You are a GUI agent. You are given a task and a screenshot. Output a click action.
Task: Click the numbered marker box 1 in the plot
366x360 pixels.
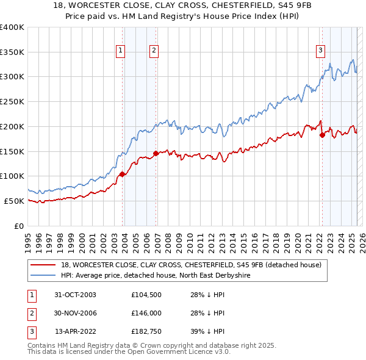[x=121, y=51]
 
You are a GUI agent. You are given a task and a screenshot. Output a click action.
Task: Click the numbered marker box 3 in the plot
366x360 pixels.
[x=320, y=51]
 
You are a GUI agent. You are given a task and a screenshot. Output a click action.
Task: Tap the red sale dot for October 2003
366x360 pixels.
[x=123, y=174]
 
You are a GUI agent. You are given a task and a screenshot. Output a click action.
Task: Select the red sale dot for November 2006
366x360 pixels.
[x=156, y=153]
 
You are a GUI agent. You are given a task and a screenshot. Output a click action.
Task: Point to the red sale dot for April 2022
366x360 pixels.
[x=322, y=135]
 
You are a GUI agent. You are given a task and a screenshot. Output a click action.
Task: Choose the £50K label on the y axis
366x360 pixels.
[x=14, y=201]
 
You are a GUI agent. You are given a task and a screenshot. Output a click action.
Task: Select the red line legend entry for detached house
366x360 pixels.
[x=195, y=265]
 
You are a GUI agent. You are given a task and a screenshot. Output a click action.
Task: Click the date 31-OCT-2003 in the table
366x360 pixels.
[x=75, y=294]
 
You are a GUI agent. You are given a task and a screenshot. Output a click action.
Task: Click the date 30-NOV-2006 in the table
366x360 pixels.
[x=75, y=313]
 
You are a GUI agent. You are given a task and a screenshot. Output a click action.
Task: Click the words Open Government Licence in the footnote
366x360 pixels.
[x=183, y=353]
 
